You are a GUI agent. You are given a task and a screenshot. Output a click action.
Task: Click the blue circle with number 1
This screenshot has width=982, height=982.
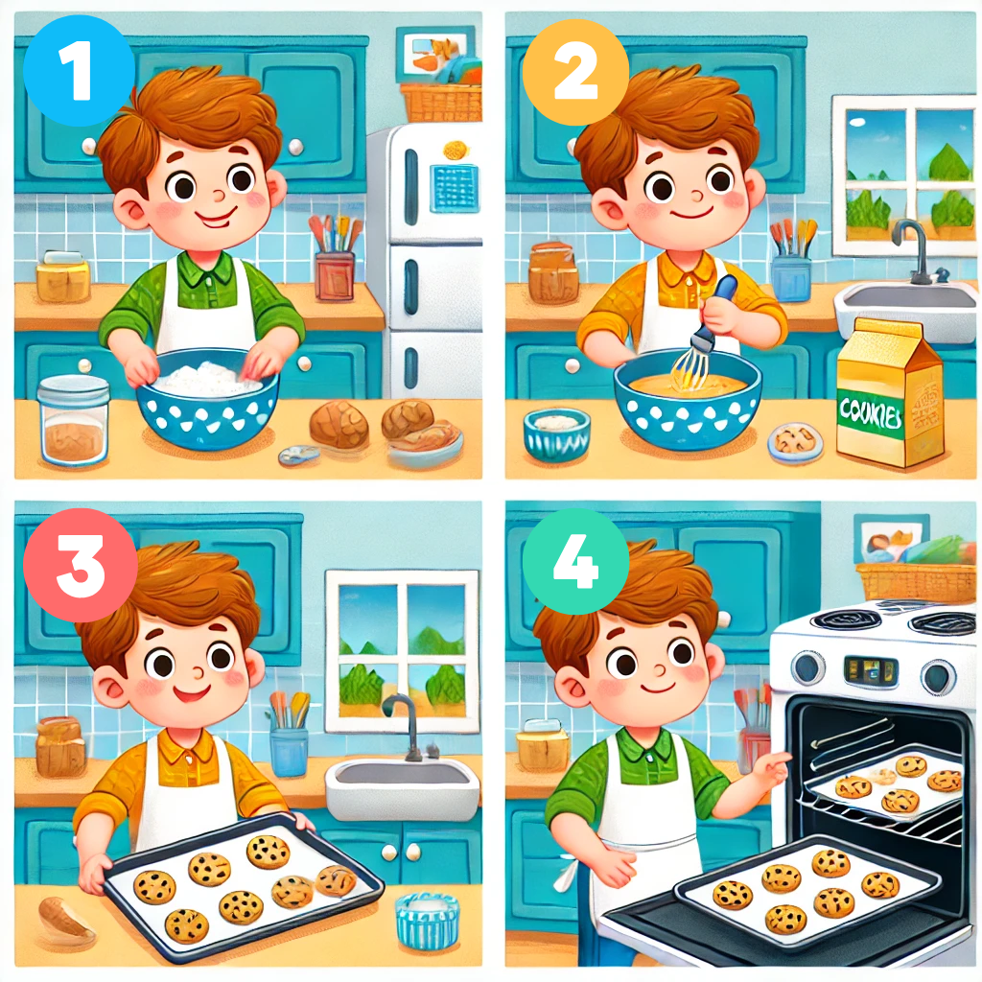click(79, 71)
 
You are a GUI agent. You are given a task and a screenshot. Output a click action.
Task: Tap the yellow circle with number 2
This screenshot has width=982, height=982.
click(575, 72)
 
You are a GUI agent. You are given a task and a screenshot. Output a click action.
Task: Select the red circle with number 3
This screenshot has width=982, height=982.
click(81, 565)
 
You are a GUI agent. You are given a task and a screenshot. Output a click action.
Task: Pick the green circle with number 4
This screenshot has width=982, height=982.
click(575, 561)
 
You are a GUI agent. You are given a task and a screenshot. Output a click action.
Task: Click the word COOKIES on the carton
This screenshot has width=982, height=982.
click(871, 413)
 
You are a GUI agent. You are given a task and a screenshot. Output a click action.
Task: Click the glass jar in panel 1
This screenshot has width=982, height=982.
click(73, 420)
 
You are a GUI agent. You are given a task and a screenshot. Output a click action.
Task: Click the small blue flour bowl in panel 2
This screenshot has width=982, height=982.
click(557, 434)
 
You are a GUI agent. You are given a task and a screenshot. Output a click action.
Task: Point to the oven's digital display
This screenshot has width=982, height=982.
click(871, 670)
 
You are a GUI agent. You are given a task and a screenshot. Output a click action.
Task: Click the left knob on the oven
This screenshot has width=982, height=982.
click(807, 667)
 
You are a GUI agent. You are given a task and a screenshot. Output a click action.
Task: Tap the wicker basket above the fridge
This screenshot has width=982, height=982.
click(441, 103)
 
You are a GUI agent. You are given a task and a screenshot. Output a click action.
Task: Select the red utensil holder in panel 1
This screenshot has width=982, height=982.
click(335, 275)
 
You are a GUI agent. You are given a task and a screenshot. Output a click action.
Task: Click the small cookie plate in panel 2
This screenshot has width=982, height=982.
click(795, 441)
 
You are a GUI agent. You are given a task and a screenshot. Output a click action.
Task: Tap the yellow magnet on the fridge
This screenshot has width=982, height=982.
click(456, 151)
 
